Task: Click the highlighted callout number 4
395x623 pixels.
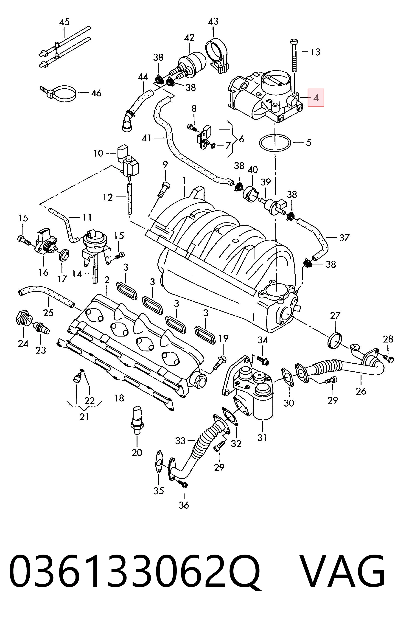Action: pyautogui.click(x=316, y=98)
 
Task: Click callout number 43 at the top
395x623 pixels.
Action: pyautogui.click(x=213, y=22)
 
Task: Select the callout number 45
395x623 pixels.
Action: pyautogui.click(x=64, y=22)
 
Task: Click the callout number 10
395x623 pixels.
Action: pyautogui.click(x=98, y=153)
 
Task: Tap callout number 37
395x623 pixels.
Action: pyautogui.click(x=344, y=238)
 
